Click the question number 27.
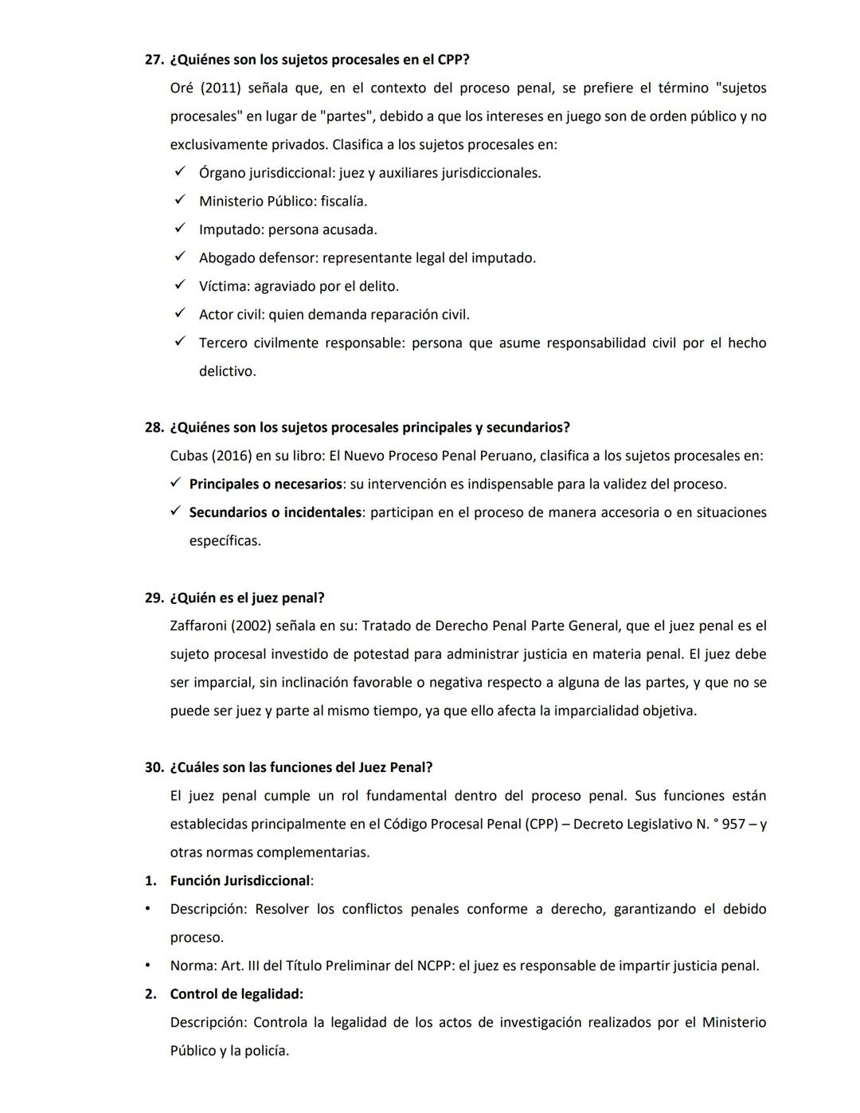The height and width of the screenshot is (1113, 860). [153, 60]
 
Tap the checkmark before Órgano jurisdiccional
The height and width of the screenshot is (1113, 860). [180, 172]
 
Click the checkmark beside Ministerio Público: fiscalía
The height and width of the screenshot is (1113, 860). [180, 201]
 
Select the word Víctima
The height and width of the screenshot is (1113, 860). [223, 286]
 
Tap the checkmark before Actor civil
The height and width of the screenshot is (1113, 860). [180, 314]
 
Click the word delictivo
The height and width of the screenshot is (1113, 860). [227, 371]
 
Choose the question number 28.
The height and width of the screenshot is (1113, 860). [153, 428]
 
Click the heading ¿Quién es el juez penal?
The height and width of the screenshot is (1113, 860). [247, 598]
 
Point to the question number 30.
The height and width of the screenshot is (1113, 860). [153, 767]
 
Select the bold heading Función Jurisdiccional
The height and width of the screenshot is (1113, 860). [240, 881]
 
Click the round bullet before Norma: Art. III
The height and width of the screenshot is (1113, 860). [147, 966]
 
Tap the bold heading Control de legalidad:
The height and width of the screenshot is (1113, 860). [236, 994]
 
